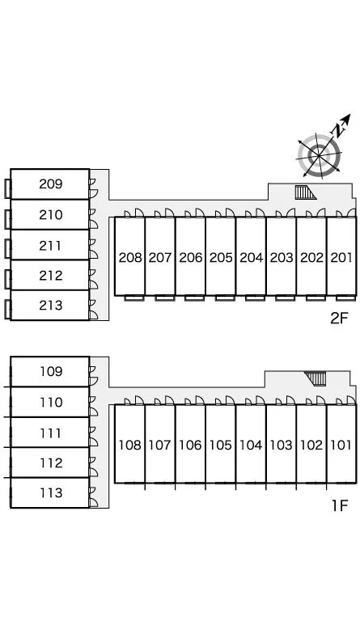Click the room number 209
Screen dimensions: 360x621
point(51,184)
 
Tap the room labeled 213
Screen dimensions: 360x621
point(50,306)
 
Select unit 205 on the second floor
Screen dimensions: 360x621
point(221,256)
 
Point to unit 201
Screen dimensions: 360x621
point(341,256)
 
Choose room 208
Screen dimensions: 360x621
point(130,256)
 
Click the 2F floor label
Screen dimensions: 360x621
point(339,318)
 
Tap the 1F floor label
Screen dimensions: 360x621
point(340,505)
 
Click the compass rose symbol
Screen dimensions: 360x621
point(319,155)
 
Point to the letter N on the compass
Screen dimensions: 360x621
point(338,129)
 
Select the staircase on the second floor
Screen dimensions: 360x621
point(306,192)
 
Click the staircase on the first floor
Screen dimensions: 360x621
point(316,378)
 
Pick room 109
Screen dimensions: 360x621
point(50,371)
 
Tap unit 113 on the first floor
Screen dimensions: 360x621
point(50,492)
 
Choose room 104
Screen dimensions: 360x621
point(251,444)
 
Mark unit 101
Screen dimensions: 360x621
point(341,444)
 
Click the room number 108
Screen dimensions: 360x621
point(130,446)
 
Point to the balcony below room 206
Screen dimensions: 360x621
point(194,298)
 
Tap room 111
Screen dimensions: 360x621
point(50,433)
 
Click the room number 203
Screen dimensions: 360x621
point(282,257)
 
